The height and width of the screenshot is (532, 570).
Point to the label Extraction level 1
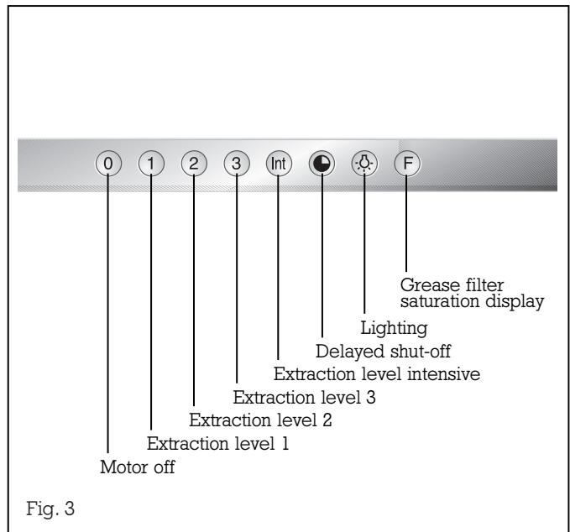pyautogui.click(x=218, y=443)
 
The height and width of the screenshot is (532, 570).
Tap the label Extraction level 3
pyautogui.click(x=304, y=395)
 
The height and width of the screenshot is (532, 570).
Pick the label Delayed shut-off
pyautogui.click(x=382, y=349)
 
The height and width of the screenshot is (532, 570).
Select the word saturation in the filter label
pyautogui.click(x=442, y=299)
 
